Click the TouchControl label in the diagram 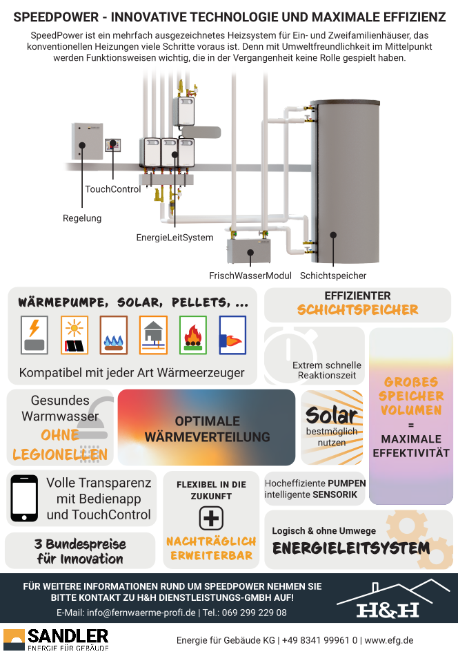[x=113, y=189]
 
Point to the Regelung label [x=82, y=218]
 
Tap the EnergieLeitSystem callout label [x=175, y=238]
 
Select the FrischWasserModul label [x=250, y=276]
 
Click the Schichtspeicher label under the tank [x=333, y=276]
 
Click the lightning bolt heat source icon [x=34, y=336]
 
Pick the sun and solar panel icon [x=74, y=336]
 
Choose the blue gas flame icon [x=114, y=336]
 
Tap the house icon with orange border [x=153, y=336]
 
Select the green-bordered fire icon [x=193, y=336]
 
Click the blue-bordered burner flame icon [x=232, y=336]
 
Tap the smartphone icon [x=24, y=499]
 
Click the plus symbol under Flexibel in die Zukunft [x=211, y=518]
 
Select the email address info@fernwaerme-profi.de [x=141, y=613]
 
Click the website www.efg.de [x=389, y=640]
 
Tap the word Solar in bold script [x=332, y=415]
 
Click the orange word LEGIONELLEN [x=60, y=454]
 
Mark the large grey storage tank [x=346, y=182]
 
